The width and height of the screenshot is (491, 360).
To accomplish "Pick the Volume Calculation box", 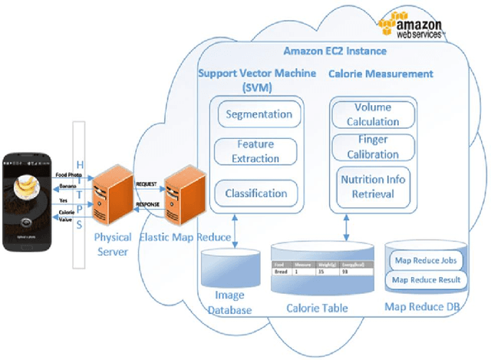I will click(x=374, y=115).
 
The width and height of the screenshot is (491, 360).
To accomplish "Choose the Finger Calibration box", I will click(x=374, y=147).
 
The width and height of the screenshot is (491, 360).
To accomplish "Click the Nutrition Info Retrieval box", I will click(x=374, y=187).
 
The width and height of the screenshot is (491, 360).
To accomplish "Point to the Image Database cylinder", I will click(x=229, y=276).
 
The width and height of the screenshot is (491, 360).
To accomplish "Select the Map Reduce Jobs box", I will click(x=426, y=260).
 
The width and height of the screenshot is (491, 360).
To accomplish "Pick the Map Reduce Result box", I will click(x=426, y=279).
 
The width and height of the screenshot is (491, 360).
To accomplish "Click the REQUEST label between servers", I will click(x=146, y=186).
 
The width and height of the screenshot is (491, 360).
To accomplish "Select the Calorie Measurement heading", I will click(x=381, y=74).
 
